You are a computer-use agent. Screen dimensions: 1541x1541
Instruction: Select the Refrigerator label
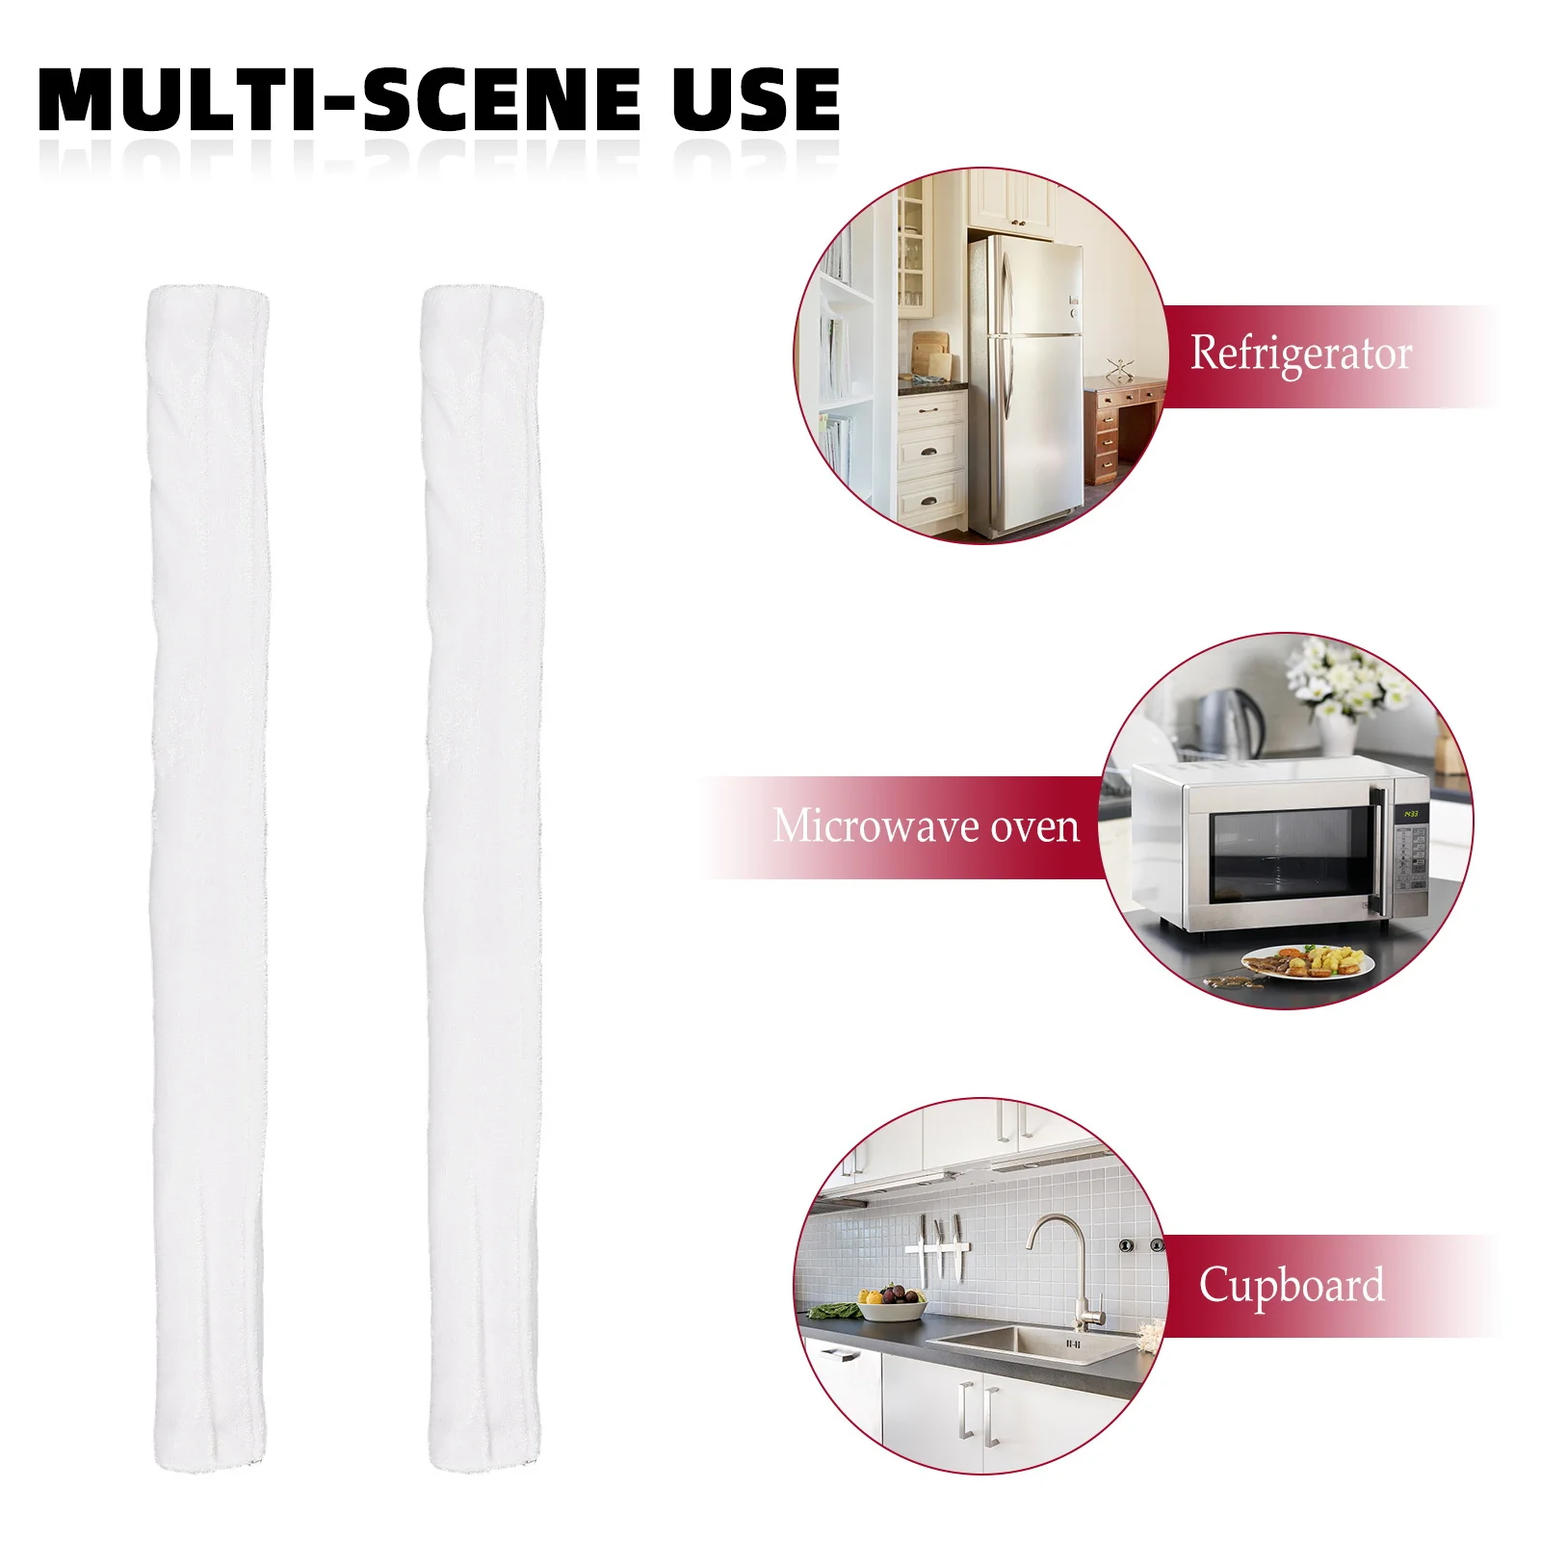click(x=1300, y=354)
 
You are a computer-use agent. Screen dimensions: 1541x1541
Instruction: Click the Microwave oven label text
click(x=926, y=826)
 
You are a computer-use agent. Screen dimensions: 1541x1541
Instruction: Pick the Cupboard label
click(x=1291, y=1285)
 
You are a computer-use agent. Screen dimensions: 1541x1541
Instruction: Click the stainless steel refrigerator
click(x=1026, y=385)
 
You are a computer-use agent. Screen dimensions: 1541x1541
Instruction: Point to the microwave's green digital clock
click(x=1410, y=814)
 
